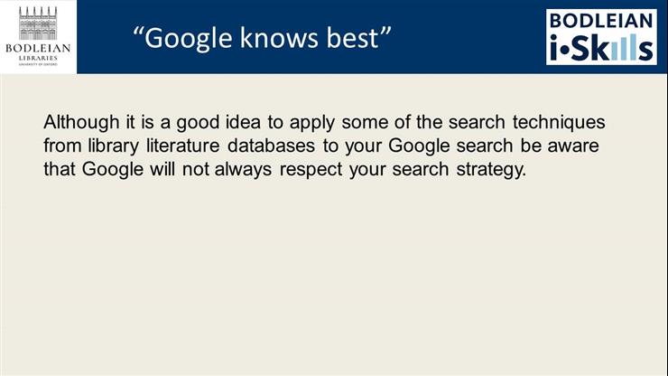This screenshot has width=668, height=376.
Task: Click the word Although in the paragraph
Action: click(75, 122)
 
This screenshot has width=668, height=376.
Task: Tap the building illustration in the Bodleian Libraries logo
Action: click(38, 22)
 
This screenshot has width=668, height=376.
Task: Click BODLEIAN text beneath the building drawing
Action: click(38, 48)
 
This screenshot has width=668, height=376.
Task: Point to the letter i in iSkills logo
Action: click(555, 47)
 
